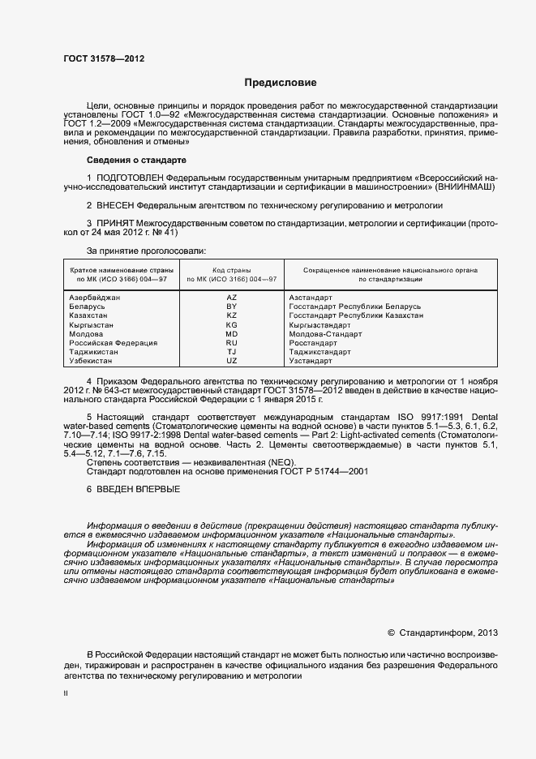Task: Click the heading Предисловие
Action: coord(281,83)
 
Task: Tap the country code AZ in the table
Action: coord(231,298)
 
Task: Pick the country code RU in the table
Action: coord(231,343)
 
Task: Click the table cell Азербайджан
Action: coord(95,298)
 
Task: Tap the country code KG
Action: coord(231,325)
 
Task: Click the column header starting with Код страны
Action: coord(231,273)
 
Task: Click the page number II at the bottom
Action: coord(66,695)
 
